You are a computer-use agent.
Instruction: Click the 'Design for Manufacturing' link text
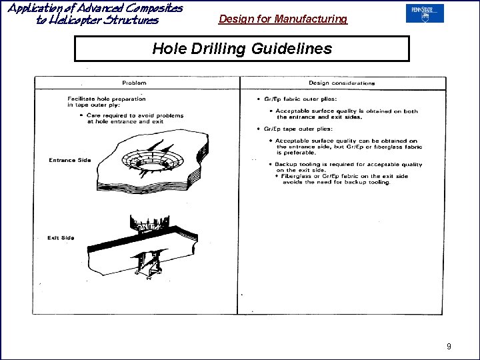click(283, 19)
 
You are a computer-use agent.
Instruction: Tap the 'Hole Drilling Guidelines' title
click(241, 49)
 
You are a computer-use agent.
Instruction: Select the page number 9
click(449, 346)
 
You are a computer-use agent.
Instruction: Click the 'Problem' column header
click(134, 83)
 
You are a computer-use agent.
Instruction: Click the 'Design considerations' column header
click(341, 83)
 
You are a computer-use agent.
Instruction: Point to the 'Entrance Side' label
click(69, 160)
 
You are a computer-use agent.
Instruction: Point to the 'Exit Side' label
click(61, 238)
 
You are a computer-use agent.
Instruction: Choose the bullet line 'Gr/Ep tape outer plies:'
click(292, 129)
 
